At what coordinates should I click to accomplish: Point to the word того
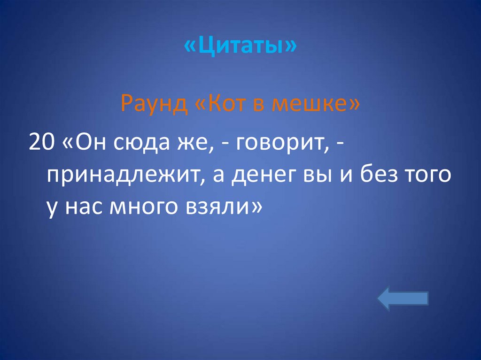click(x=429, y=175)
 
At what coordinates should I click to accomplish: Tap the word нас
click(x=84, y=207)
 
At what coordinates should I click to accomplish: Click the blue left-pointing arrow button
click(x=403, y=299)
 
